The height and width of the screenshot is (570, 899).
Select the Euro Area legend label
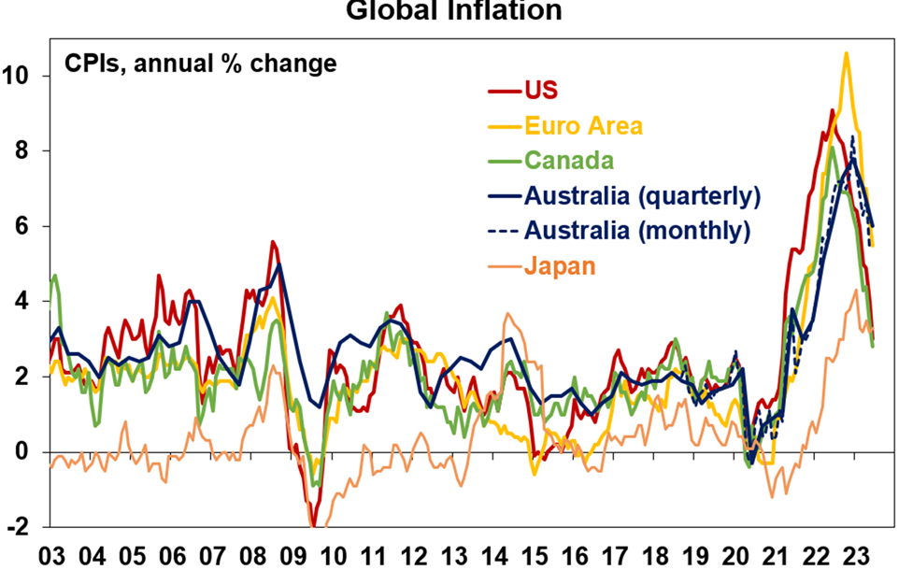click(584, 125)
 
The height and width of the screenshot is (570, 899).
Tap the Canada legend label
click(569, 160)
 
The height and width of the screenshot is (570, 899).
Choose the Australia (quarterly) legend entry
click(642, 195)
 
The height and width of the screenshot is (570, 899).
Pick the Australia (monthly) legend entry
click(637, 230)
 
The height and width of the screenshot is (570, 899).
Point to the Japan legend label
click(560, 265)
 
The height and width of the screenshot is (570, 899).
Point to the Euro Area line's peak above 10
click(846, 53)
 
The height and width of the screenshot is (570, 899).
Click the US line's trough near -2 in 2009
click(314, 526)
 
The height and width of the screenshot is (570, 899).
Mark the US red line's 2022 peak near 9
click(832, 110)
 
